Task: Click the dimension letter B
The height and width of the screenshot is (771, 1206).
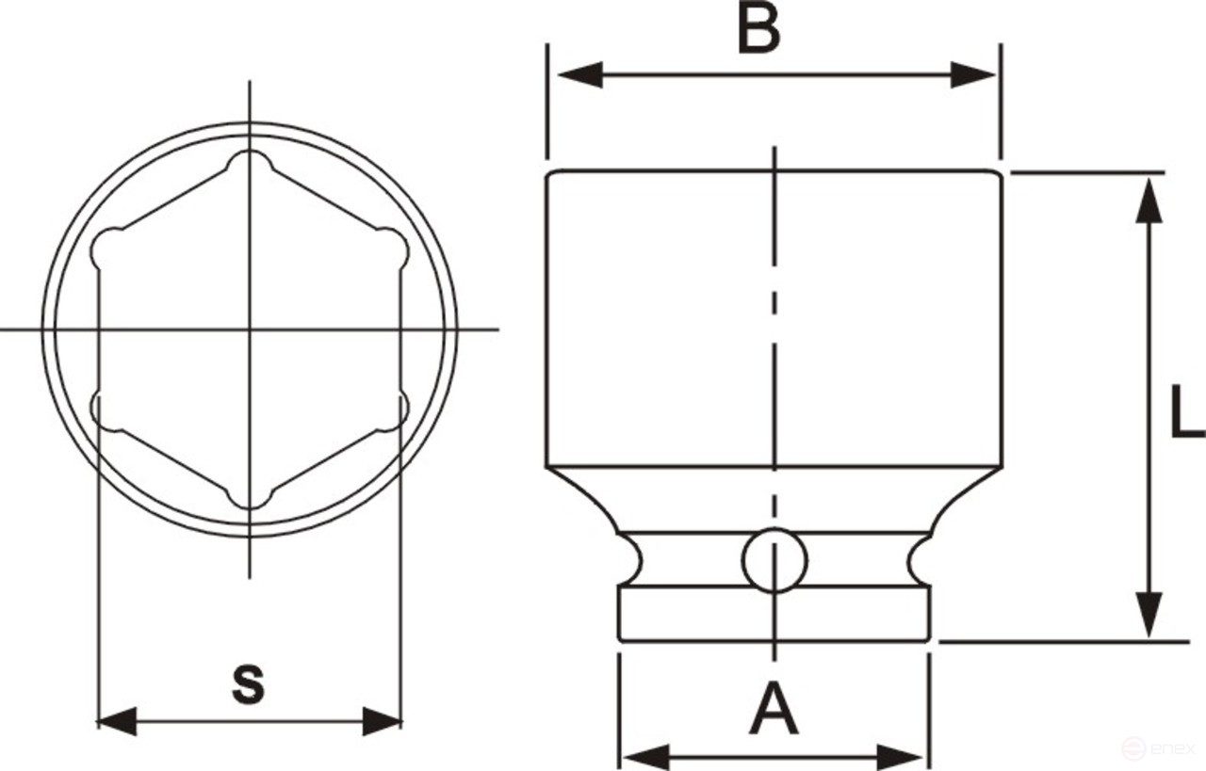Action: (x=759, y=29)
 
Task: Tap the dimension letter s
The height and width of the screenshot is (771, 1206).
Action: (x=249, y=683)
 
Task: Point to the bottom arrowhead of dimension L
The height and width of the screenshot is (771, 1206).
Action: (x=1148, y=617)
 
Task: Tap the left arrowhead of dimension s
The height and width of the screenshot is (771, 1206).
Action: (x=118, y=722)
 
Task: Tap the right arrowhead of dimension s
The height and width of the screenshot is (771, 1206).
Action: (x=382, y=722)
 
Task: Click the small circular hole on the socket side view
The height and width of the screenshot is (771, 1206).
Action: (x=774, y=561)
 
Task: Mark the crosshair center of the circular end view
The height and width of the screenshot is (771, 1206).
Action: (x=250, y=329)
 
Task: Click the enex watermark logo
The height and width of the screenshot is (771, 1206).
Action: (x=1160, y=749)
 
